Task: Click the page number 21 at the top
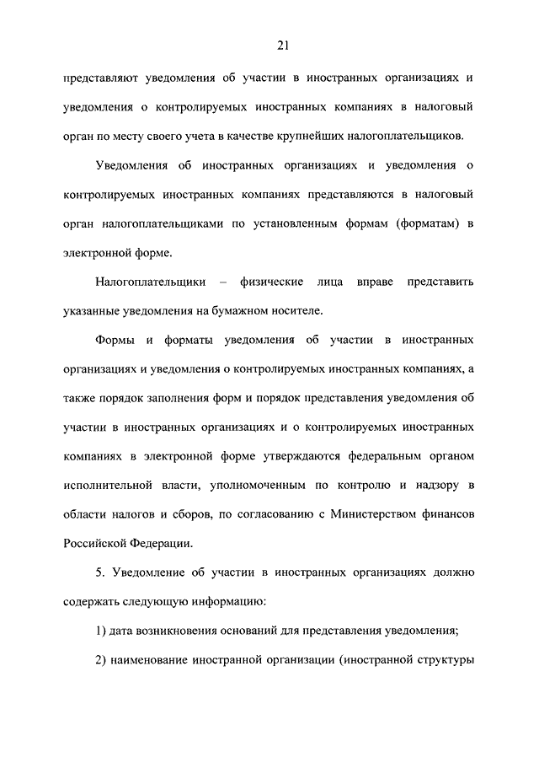[269, 45]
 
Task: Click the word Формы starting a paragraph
[114, 339]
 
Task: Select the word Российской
[96, 544]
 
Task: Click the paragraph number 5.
[99, 573]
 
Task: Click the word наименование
[157, 659]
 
